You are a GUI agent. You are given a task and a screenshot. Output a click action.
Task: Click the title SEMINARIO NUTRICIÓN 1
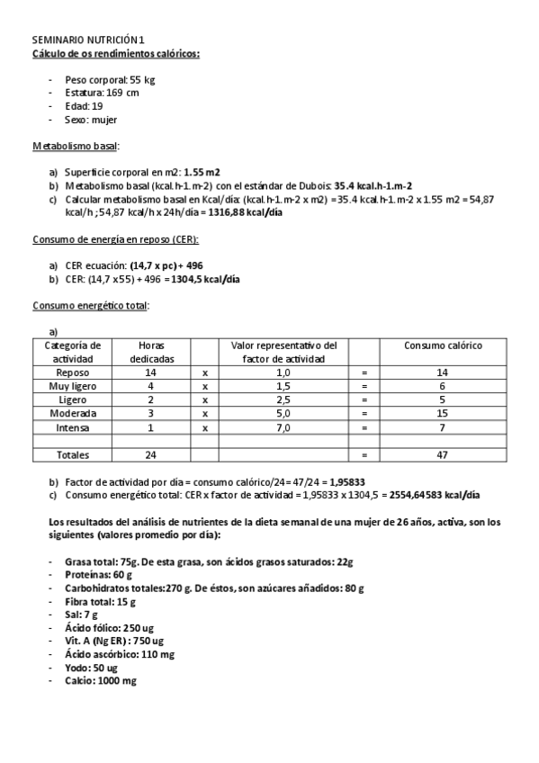click(x=87, y=40)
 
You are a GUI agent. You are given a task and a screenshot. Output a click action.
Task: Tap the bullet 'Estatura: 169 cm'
click(x=102, y=93)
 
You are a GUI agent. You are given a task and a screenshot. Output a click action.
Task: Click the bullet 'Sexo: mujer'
click(x=91, y=119)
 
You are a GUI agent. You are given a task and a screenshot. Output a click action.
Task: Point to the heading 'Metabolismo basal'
click(x=76, y=146)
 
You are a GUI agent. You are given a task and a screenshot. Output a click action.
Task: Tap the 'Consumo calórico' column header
click(x=442, y=345)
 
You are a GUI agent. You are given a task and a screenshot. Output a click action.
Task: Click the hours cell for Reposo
click(x=150, y=372)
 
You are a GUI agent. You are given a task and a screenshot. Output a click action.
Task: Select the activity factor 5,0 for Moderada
click(x=283, y=413)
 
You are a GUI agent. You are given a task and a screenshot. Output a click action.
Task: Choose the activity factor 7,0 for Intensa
click(x=283, y=427)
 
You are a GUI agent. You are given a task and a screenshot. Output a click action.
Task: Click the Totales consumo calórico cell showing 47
click(x=442, y=455)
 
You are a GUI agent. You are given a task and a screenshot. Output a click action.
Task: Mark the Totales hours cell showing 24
click(x=150, y=455)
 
